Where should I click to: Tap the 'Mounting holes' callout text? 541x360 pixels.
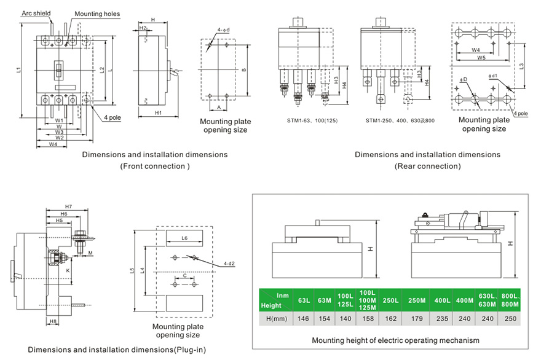[97, 14]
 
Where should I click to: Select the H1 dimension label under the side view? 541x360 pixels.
[158, 113]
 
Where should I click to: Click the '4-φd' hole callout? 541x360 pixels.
[224, 30]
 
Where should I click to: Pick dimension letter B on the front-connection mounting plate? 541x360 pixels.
[243, 70]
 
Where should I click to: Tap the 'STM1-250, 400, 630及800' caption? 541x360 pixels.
[400, 120]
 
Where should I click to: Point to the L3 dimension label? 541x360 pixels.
[521, 65]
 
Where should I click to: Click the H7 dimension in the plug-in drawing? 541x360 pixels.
[68, 206]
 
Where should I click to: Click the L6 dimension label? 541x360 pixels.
[184, 237]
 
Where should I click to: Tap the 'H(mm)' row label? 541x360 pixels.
[274, 319]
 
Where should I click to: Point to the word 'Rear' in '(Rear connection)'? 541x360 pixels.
[408, 166]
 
